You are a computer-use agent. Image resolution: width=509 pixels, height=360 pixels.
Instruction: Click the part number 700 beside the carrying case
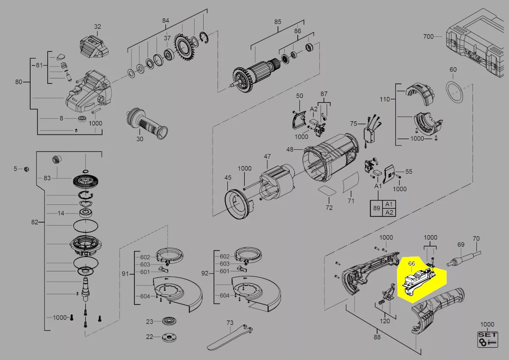[x=428, y=36]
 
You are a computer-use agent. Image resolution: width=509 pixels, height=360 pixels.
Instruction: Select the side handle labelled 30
[x=147, y=123]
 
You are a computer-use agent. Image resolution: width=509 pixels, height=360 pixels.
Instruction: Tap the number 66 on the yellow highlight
[x=411, y=263]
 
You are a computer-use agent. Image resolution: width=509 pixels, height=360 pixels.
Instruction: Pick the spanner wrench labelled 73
[x=229, y=337]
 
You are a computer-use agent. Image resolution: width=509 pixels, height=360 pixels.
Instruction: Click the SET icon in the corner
[x=488, y=339]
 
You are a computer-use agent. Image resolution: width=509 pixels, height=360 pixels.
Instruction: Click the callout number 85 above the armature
[x=278, y=22]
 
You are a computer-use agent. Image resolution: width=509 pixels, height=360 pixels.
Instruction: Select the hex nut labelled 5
[x=26, y=169]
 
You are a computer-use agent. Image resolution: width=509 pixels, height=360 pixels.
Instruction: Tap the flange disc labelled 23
[x=169, y=321]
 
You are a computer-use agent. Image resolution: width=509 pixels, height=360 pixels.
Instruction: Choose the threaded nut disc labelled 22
[x=169, y=337]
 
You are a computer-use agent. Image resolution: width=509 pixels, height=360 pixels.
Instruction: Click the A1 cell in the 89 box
[x=389, y=204]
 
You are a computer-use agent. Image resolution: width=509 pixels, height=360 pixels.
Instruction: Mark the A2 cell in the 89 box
[x=389, y=212]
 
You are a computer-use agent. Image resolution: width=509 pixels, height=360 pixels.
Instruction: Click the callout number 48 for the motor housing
[x=290, y=149]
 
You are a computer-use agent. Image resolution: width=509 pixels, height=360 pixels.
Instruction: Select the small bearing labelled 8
[x=82, y=118]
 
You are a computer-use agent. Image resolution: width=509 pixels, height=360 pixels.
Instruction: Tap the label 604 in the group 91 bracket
[x=145, y=296]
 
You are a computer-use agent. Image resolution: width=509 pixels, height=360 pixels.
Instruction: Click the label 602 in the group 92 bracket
[x=224, y=257]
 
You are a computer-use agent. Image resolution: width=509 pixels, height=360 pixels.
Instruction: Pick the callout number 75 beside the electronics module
[x=354, y=123]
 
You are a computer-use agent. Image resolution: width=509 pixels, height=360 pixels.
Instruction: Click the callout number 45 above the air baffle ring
[x=228, y=178]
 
